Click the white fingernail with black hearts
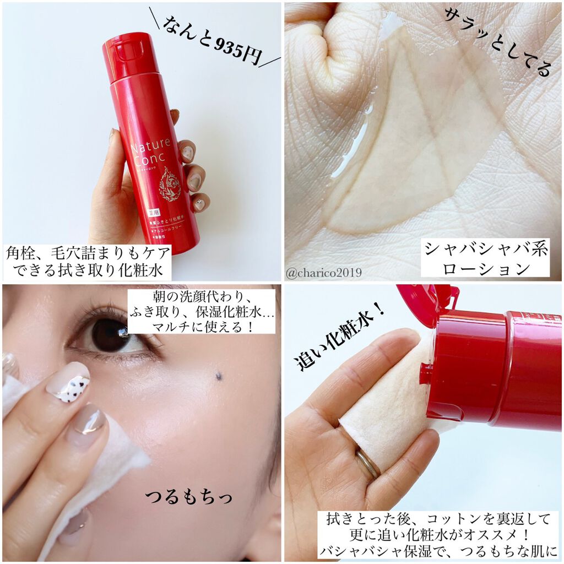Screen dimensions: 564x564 68,383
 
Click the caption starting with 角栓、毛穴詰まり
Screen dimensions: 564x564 88,261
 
